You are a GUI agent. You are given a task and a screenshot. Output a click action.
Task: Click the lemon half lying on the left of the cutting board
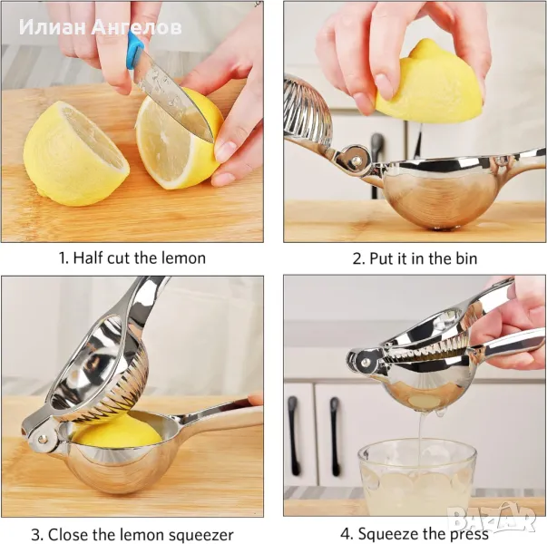[76, 153]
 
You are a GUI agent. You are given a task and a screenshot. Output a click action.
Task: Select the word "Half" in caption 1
[88, 258]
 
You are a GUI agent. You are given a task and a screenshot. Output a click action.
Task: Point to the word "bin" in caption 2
[466, 258]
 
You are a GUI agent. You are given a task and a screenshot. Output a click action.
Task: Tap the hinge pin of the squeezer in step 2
[357, 160]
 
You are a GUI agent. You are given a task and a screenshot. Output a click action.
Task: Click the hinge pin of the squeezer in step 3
[43, 440]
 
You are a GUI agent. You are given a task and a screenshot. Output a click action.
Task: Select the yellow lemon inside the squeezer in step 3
[118, 432]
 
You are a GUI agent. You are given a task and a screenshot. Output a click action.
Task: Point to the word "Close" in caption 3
[67, 535]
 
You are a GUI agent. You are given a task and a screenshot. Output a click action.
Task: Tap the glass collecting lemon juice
[417, 478]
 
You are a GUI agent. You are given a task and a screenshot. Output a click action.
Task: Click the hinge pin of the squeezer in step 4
[365, 362]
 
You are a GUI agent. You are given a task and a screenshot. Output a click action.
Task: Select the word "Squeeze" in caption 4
[388, 534]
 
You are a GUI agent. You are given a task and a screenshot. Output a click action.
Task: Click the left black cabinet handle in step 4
[294, 436]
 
